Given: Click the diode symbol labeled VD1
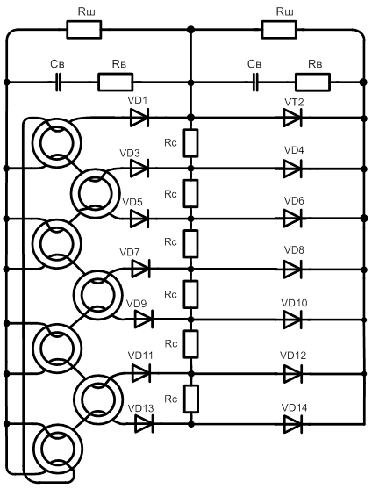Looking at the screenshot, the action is click(x=139, y=118).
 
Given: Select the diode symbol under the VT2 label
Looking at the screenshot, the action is click(x=292, y=118).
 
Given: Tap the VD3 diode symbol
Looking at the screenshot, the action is click(x=139, y=169).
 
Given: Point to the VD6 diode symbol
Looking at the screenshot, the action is click(x=292, y=219).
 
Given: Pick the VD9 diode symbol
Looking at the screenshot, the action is click(x=144, y=320).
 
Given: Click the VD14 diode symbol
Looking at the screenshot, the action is click(x=292, y=424).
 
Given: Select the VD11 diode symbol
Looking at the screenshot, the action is click(x=141, y=373).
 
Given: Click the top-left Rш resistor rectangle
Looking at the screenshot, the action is click(x=84, y=30).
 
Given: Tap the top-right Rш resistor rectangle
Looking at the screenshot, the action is click(x=279, y=30).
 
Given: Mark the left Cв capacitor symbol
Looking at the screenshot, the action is click(x=58, y=83).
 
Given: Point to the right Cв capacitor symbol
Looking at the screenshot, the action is click(x=255, y=83).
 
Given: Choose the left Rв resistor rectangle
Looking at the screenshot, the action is click(x=116, y=83).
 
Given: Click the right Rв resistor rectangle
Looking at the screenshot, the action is click(x=313, y=83).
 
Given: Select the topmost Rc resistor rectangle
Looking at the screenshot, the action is click(x=190, y=143).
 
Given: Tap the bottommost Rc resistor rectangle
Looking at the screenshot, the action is click(x=191, y=399).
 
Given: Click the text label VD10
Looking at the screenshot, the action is click(x=294, y=303).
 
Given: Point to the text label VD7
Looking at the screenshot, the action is click(x=130, y=252).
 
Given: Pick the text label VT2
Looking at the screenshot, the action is click(x=294, y=103).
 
